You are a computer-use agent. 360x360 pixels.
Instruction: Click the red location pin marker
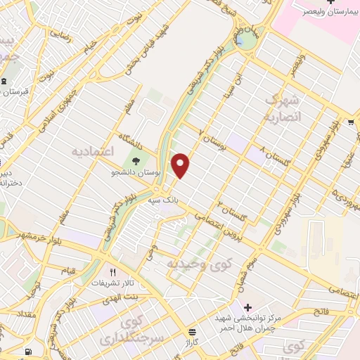181,165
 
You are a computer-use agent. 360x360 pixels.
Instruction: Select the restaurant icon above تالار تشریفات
111,271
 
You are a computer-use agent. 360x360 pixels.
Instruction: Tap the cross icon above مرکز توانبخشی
247,307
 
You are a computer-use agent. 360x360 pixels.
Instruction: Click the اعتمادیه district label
91,151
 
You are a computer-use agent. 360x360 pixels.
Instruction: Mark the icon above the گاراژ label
191,332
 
